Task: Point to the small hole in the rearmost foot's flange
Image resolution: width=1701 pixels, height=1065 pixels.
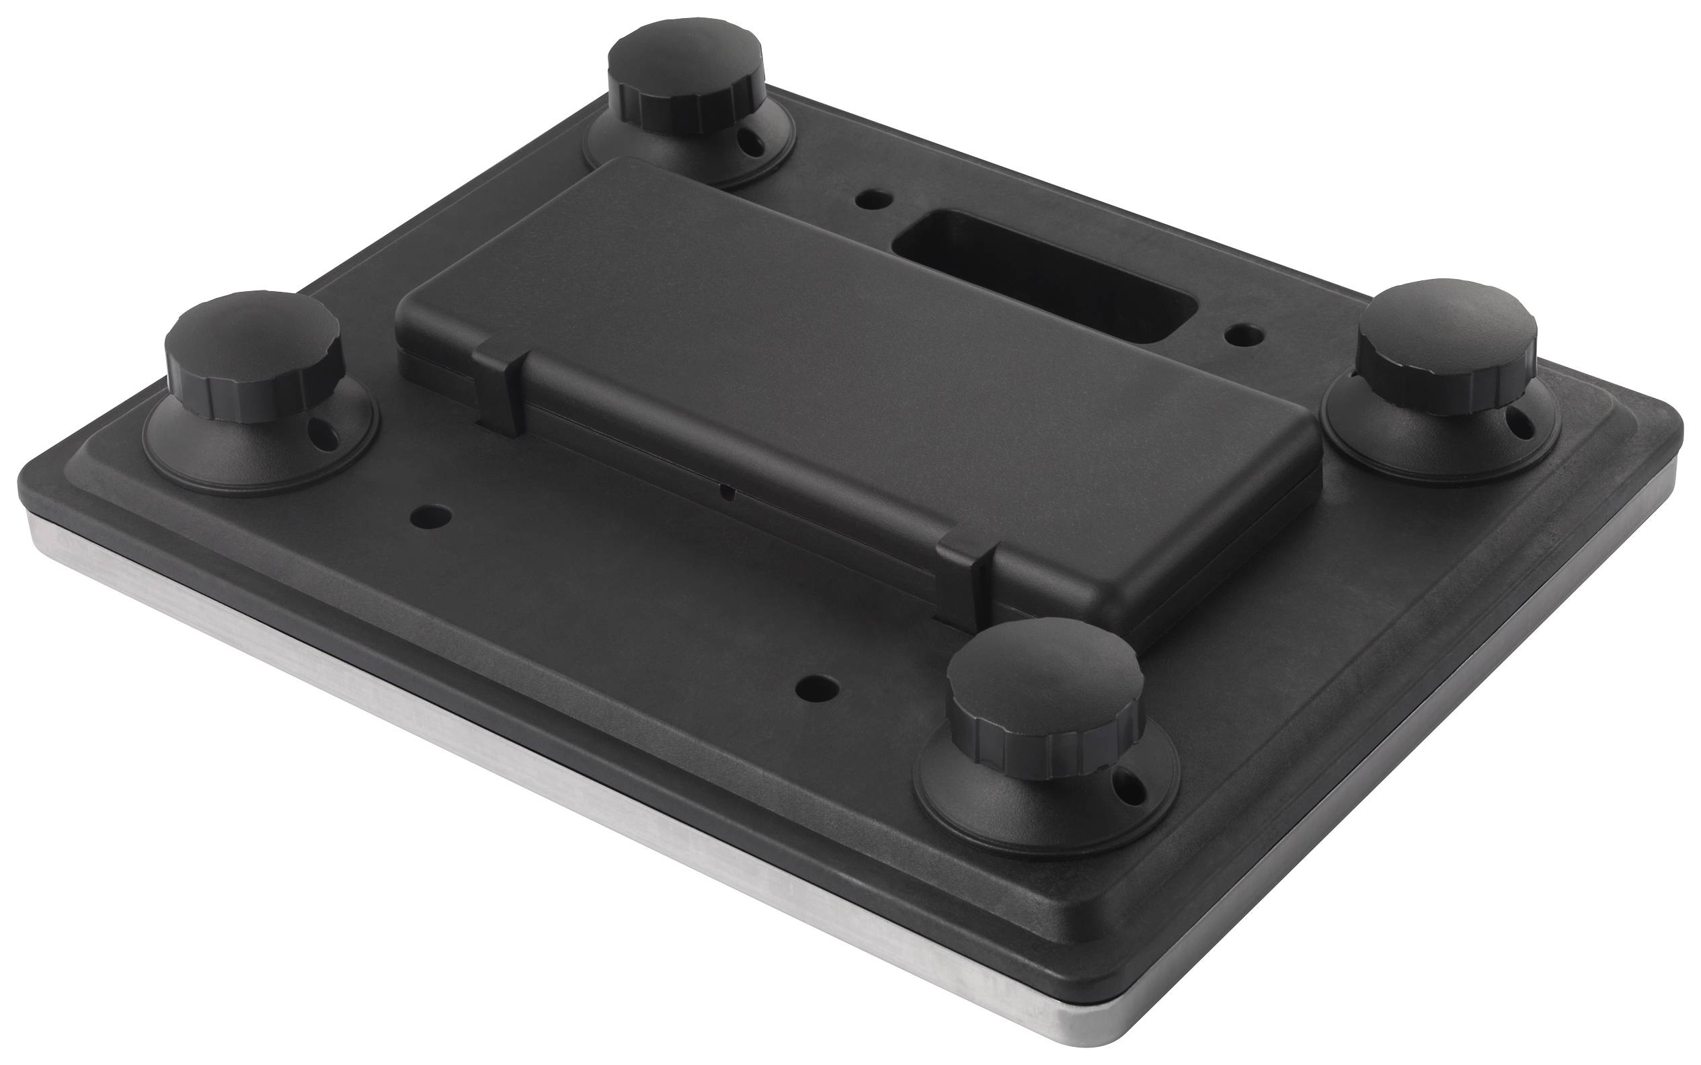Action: [x=755, y=145]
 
